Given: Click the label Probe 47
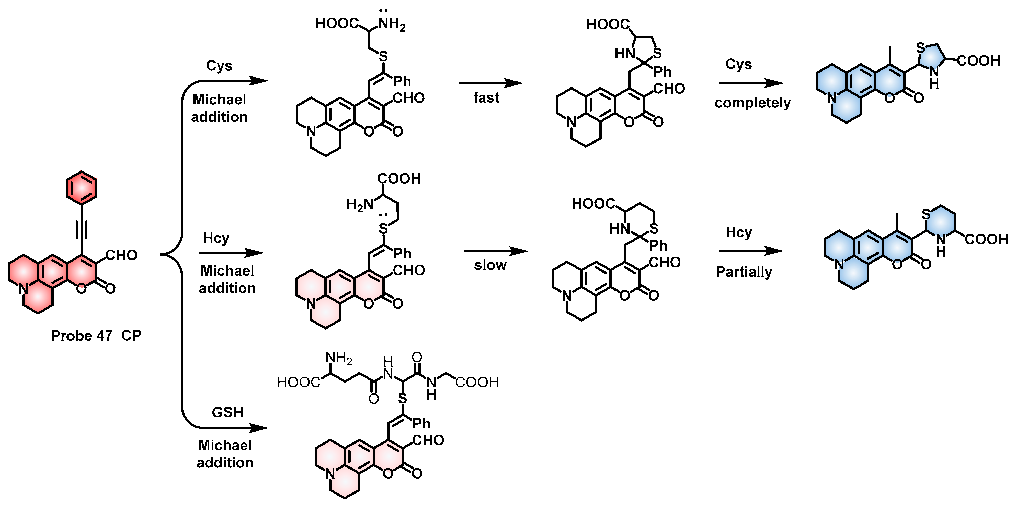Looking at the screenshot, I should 81,336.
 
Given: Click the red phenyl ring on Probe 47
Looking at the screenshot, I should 81,188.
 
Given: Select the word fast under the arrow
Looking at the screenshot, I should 486,98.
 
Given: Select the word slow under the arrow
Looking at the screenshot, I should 490,265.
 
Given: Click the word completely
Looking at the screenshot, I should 752,103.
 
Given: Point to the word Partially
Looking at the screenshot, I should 744,272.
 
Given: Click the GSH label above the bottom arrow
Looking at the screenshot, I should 227,412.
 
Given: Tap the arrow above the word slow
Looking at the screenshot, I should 495,251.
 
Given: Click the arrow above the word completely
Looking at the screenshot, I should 751,83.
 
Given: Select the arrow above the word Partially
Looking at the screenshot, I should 751,251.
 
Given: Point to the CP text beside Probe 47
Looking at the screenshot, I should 131,336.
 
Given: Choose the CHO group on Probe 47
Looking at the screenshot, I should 121,255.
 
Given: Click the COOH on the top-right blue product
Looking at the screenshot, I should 978,61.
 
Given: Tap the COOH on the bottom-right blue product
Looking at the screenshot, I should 986,239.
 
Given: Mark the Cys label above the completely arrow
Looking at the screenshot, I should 739,64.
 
